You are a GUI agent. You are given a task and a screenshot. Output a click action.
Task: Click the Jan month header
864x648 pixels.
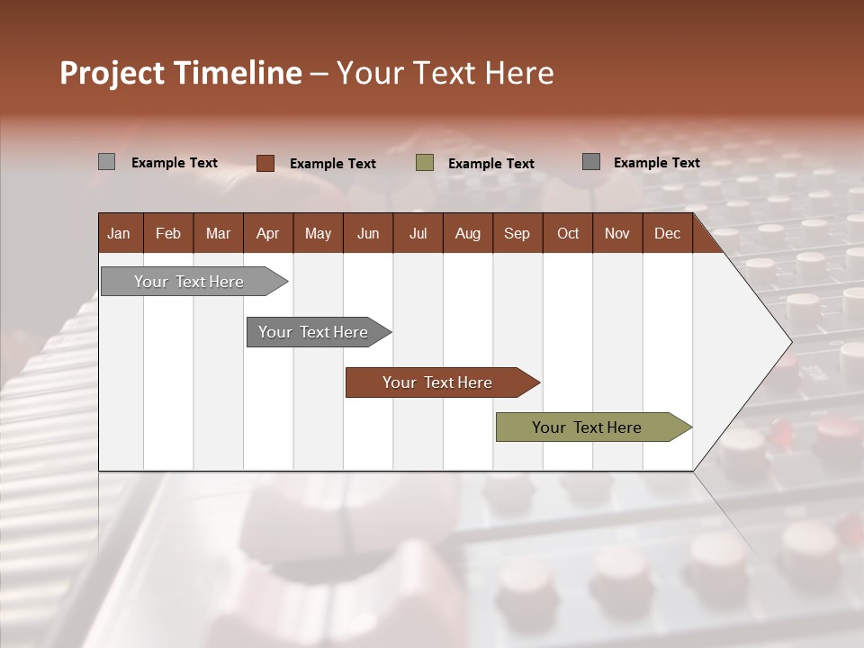click(x=119, y=233)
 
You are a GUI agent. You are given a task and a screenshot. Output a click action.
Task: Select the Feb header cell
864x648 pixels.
click(x=168, y=233)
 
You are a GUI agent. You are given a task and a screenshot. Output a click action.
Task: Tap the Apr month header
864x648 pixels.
click(x=267, y=233)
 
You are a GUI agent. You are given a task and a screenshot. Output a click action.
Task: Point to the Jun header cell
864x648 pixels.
click(x=367, y=233)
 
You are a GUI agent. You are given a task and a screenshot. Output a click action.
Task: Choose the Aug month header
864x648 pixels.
click(x=467, y=233)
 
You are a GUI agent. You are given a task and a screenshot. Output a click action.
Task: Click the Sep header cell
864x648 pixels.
click(x=517, y=233)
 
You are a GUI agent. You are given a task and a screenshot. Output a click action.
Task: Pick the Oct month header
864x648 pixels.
click(x=568, y=233)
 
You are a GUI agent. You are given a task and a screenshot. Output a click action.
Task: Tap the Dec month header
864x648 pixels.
click(x=667, y=233)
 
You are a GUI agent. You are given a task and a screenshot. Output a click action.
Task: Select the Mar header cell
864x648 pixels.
click(x=218, y=233)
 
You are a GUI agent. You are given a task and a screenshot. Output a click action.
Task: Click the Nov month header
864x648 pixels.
click(x=616, y=233)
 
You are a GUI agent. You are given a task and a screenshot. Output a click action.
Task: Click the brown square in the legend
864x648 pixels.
click(x=265, y=163)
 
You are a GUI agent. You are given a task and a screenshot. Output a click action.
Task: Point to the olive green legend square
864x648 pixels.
click(x=425, y=163)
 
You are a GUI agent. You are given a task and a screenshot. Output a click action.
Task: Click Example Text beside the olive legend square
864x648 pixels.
click(x=490, y=164)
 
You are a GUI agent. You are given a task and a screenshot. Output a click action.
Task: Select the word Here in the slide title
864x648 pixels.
click(x=519, y=73)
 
